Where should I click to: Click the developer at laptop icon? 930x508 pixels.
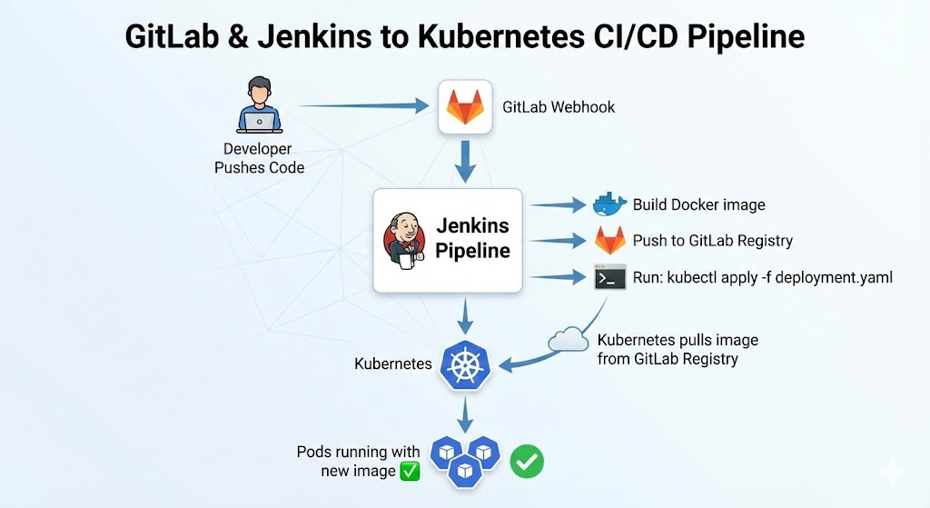click(259, 107)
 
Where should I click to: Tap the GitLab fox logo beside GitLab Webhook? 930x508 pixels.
click(465, 107)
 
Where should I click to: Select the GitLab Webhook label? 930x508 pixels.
click(559, 107)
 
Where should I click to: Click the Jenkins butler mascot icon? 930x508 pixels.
click(404, 241)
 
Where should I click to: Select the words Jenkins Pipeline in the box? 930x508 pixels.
click(472, 238)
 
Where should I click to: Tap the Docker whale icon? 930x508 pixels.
click(609, 204)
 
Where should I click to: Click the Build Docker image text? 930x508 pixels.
click(698, 204)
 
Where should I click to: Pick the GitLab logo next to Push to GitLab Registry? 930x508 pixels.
click(609, 241)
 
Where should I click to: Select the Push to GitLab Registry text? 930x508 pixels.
click(712, 241)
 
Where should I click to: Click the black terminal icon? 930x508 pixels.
click(609, 277)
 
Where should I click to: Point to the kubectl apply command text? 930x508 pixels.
click(762, 277)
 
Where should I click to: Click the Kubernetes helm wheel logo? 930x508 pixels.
click(465, 364)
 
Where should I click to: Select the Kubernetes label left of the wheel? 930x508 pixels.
click(392, 364)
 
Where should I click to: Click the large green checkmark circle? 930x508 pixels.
click(526, 461)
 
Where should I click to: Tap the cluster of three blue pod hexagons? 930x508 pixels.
click(464, 458)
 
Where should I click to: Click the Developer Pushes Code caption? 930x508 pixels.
click(259, 158)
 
